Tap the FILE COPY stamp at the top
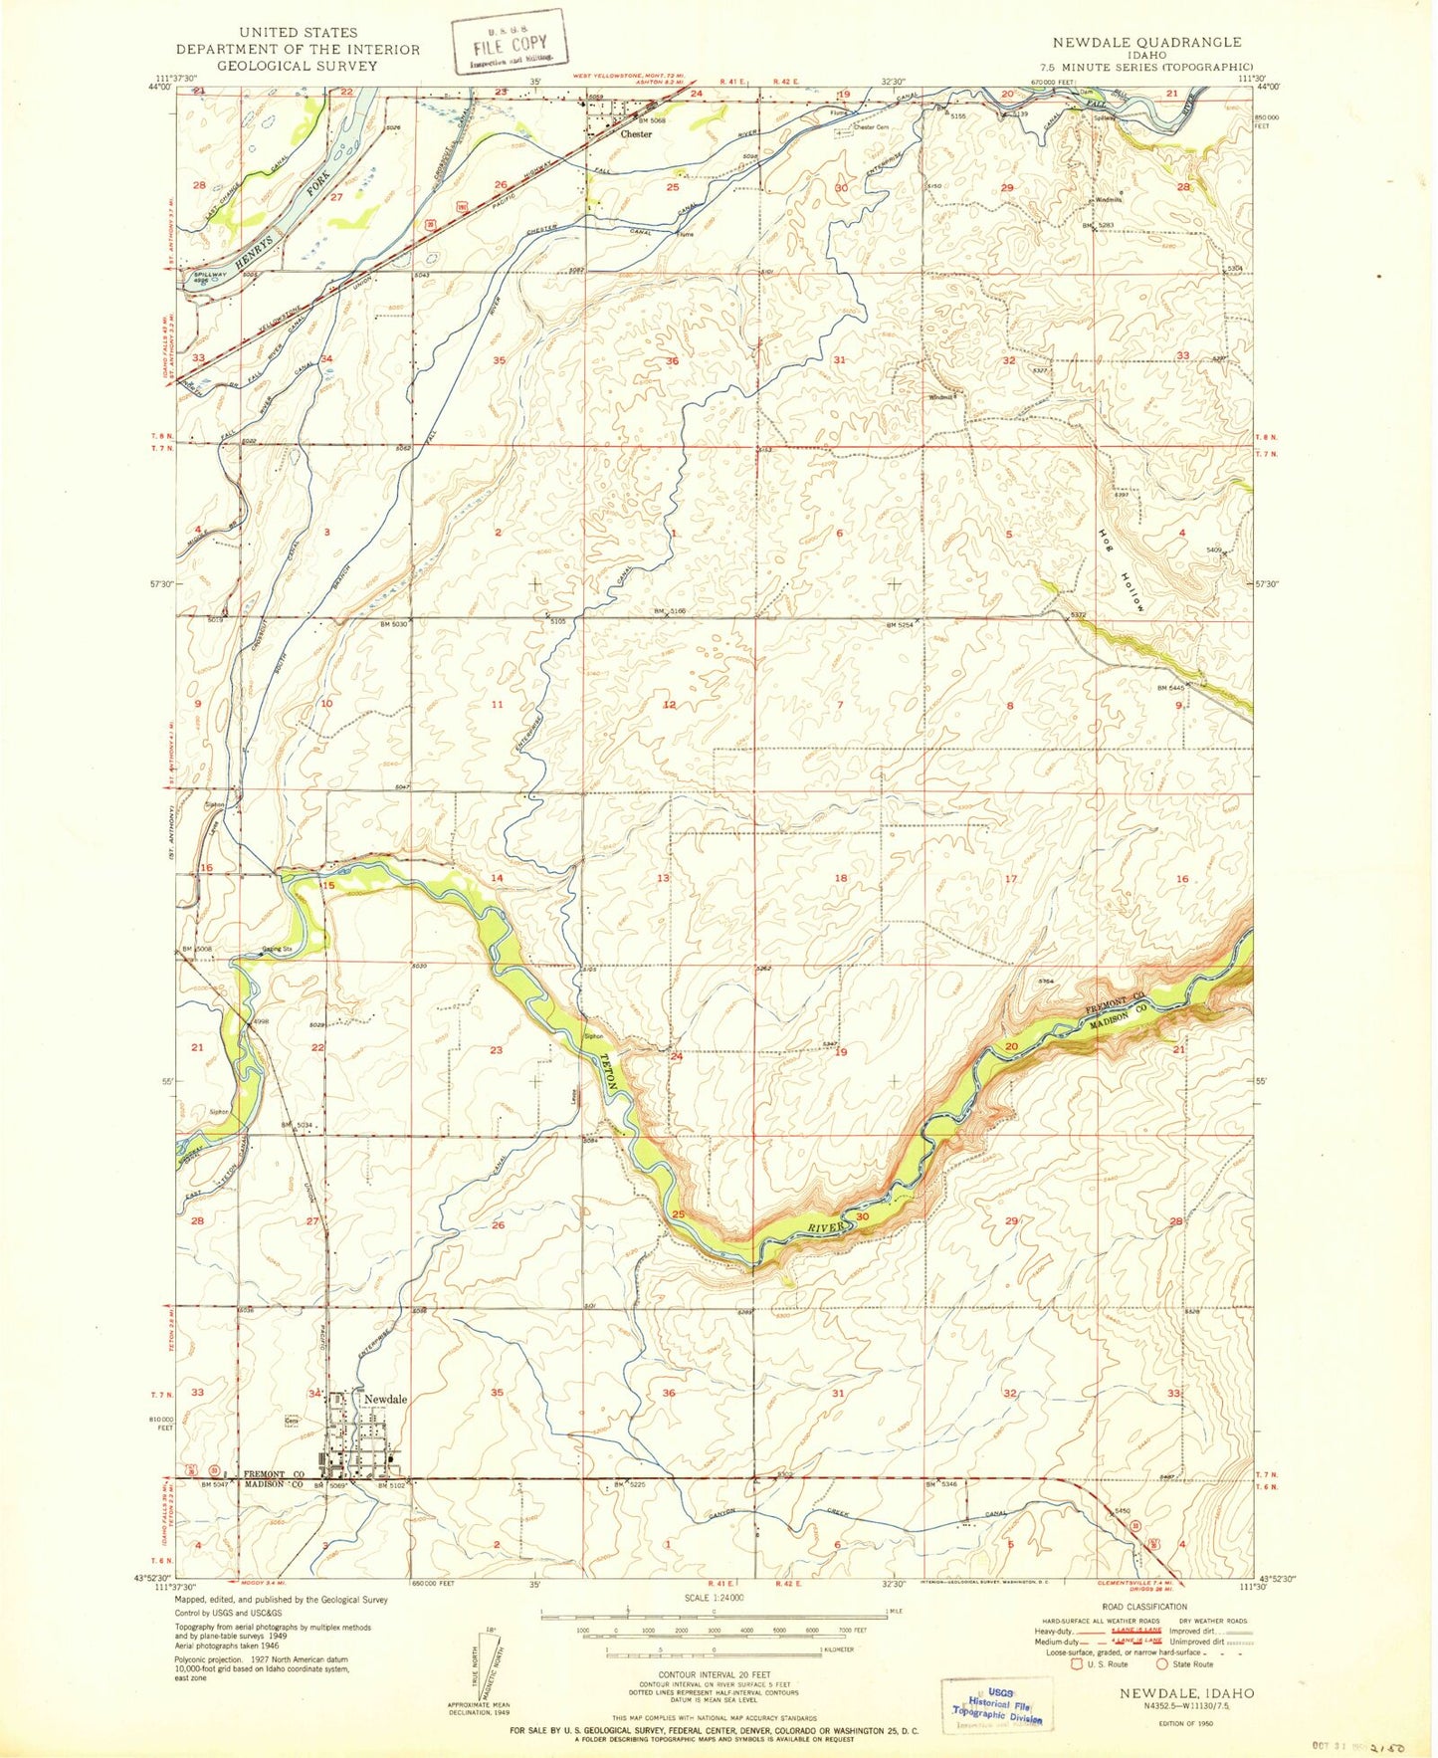(x=510, y=43)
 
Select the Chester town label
(x=636, y=133)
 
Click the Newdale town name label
(x=385, y=1399)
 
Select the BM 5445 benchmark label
(x=1172, y=688)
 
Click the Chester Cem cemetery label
(x=870, y=127)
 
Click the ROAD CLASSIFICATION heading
(x=1143, y=1606)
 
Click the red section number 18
(x=841, y=878)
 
